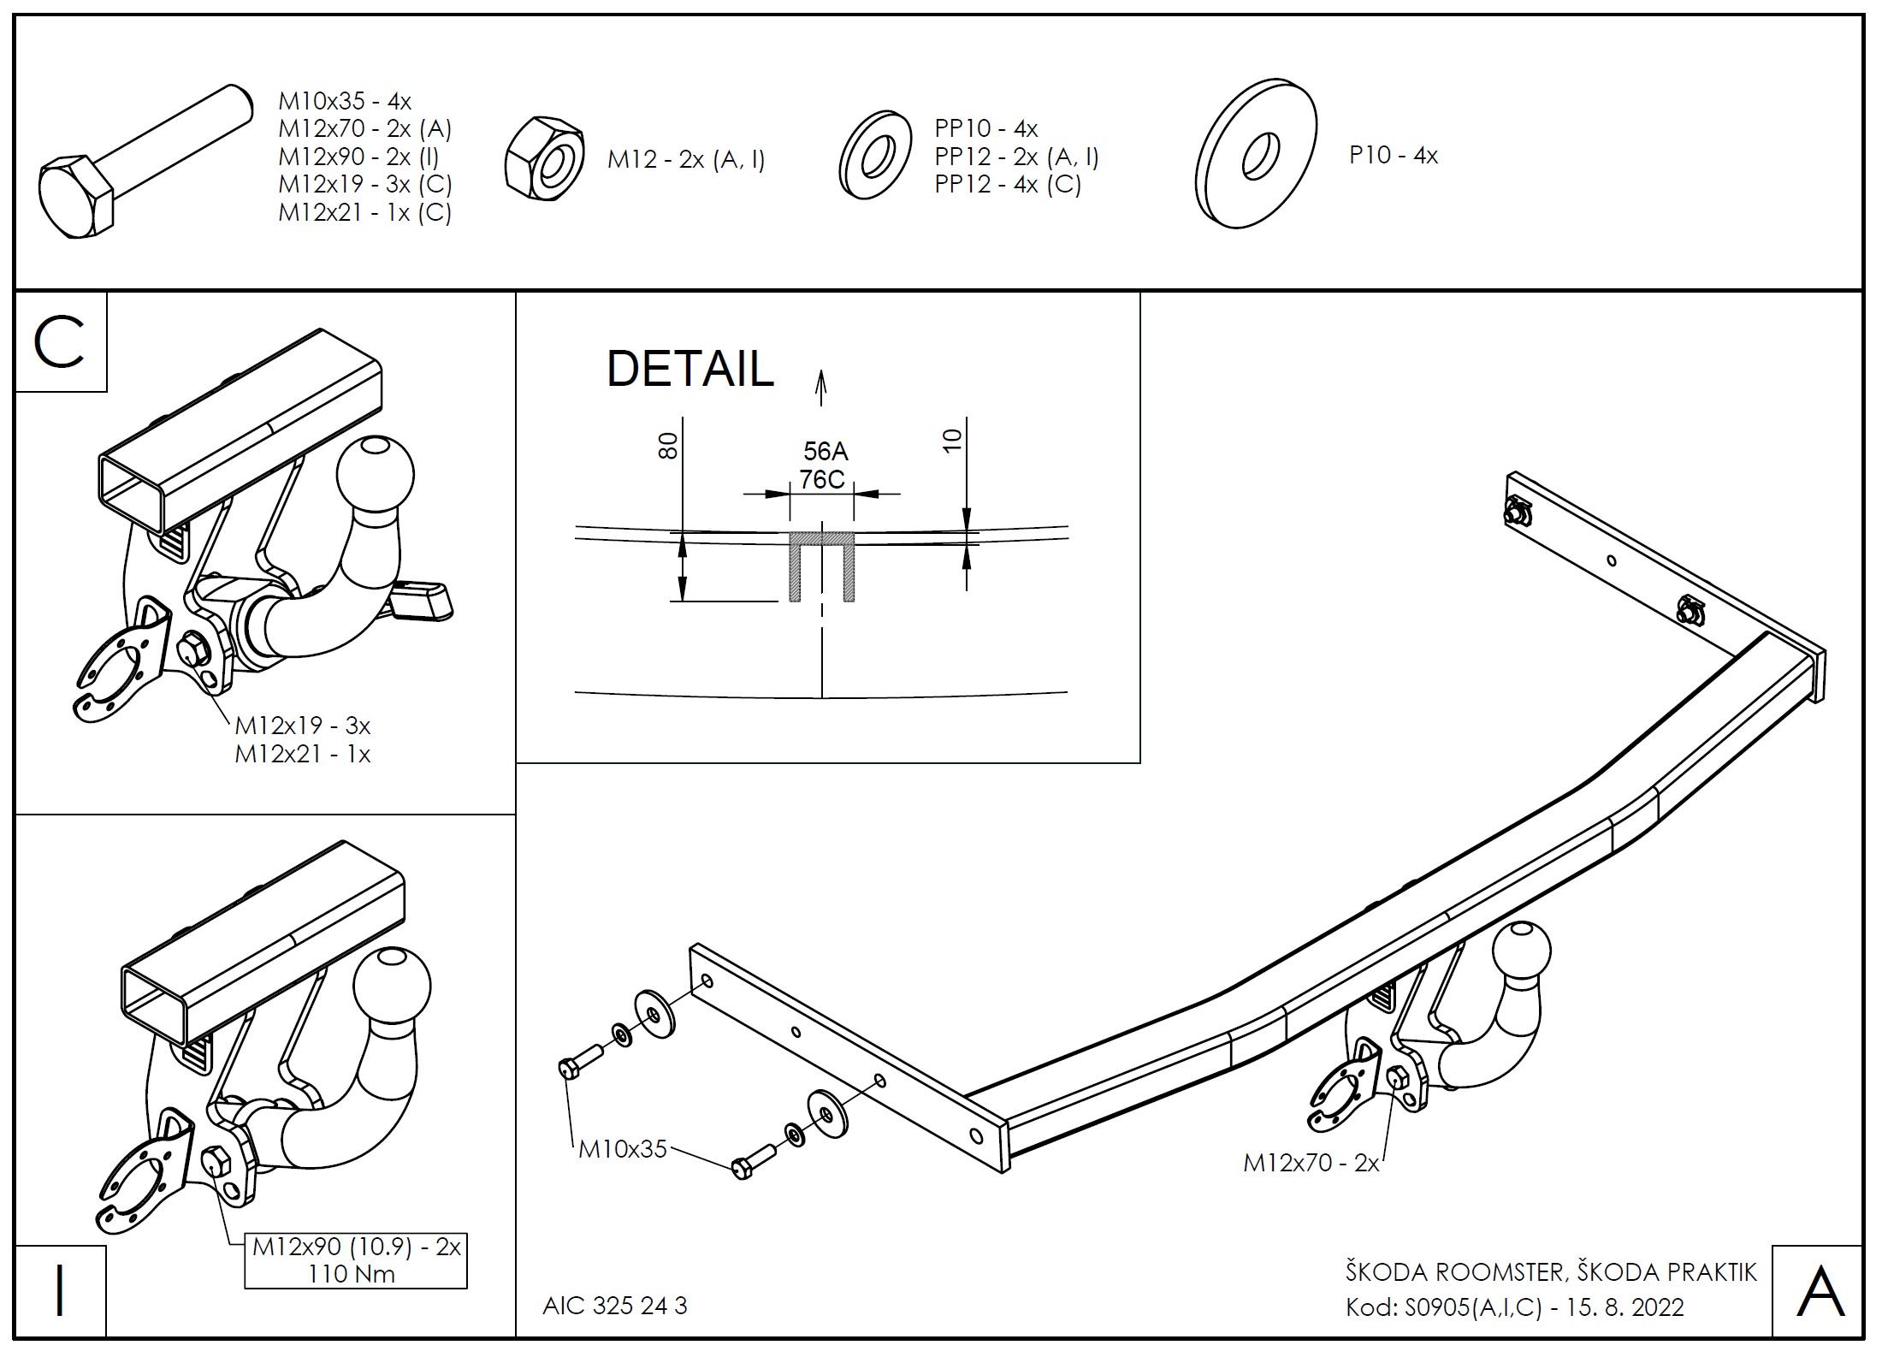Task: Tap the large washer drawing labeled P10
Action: pyautogui.click(x=1256, y=155)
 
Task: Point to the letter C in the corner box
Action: pyautogui.click(x=60, y=342)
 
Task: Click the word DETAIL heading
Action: pyautogui.click(x=689, y=370)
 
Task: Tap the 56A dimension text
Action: pyautogui.click(x=825, y=451)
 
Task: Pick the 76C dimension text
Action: pyautogui.click(x=823, y=480)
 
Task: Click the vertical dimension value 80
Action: pyautogui.click(x=669, y=445)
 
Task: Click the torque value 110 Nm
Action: pyautogui.click(x=352, y=1275)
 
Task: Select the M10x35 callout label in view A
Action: pyautogui.click(x=622, y=1149)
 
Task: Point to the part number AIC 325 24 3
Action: pyautogui.click(x=614, y=1306)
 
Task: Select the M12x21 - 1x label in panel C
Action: pyautogui.click(x=303, y=755)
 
